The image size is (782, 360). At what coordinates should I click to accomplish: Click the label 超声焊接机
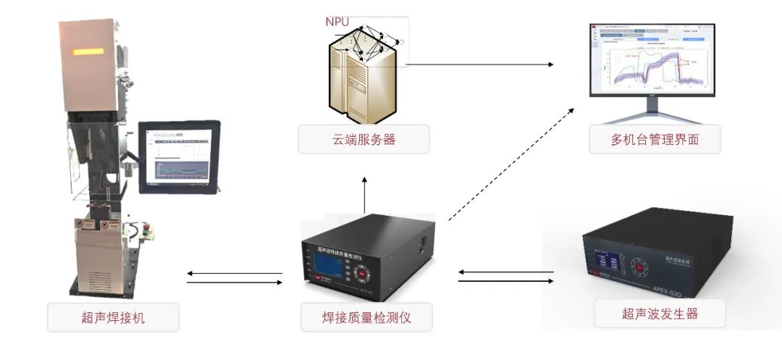coord(113,317)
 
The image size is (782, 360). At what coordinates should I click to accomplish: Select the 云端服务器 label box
coord(363,140)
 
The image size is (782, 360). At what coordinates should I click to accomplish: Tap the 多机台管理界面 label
coord(655,140)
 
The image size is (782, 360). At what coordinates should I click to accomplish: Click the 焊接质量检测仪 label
coord(366,317)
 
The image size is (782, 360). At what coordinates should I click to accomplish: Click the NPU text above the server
coord(337,22)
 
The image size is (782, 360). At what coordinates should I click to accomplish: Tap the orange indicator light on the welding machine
coord(87,52)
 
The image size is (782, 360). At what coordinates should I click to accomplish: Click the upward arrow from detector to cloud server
coord(364,191)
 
